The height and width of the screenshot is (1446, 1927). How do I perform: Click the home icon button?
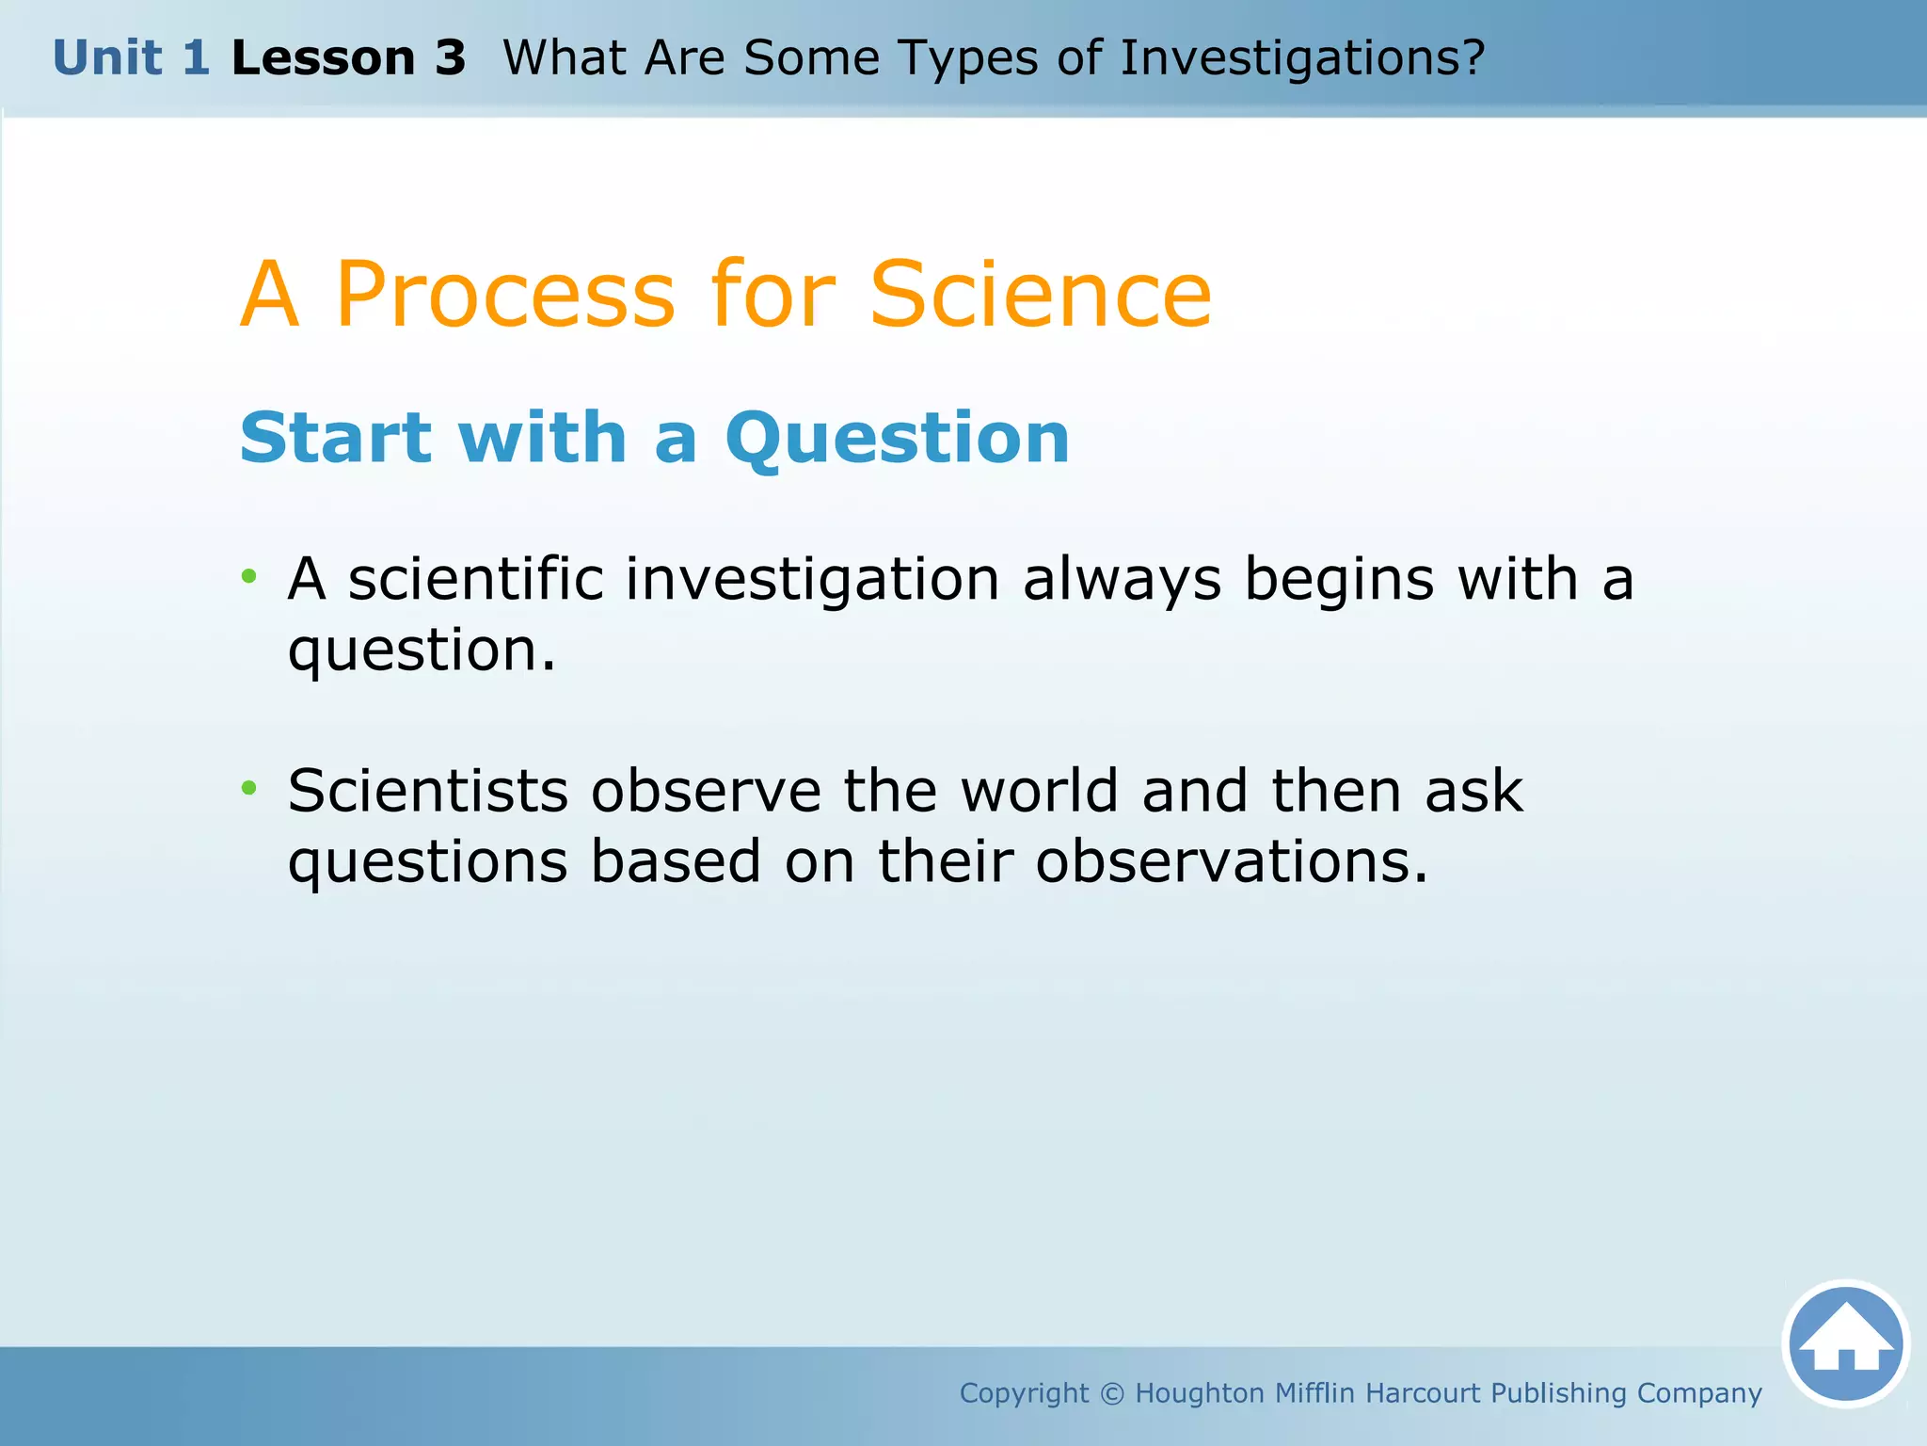coord(1845,1343)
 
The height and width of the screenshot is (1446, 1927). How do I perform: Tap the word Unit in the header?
coord(107,58)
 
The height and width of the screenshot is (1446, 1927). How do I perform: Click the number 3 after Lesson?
coord(450,58)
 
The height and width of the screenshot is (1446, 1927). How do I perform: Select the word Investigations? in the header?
coord(1302,58)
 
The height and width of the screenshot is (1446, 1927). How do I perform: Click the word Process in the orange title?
coord(505,295)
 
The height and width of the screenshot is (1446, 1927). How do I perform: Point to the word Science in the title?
coord(1041,295)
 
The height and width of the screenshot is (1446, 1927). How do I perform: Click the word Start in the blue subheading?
coord(336,439)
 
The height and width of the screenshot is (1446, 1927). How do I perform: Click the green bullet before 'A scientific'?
coord(248,576)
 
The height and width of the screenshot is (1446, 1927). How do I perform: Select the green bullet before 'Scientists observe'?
coord(248,788)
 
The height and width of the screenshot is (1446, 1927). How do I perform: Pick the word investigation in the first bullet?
coord(812,580)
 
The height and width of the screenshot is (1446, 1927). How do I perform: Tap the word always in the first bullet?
coord(1122,580)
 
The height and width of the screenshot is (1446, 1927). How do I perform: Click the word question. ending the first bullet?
coord(422,651)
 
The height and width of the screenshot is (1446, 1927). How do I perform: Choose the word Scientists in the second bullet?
coord(428,791)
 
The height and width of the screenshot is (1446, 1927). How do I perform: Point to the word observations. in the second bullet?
coord(1231,861)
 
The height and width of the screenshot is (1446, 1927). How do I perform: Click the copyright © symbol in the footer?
coord(1111,1393)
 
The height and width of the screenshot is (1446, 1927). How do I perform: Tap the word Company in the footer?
coord(1699,1393)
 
